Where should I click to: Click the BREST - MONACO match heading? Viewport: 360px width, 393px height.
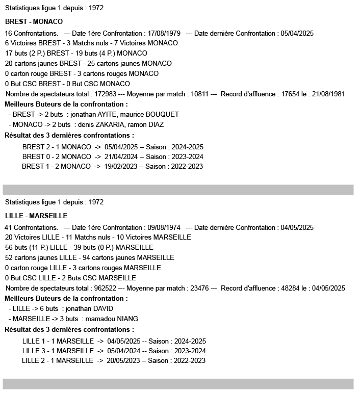[x=34, y=22]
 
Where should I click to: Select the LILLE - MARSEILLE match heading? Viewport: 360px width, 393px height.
[x=36, y=216]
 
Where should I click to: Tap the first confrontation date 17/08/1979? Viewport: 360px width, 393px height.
[x=165, y=33]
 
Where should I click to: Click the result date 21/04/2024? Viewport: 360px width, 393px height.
[x=121, y=156]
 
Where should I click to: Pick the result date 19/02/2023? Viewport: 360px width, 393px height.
[x=120, y=167]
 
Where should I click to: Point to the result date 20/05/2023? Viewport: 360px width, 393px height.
[x=123, y=361]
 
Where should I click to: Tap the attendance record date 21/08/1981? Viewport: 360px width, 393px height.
[x=329, y=94]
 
